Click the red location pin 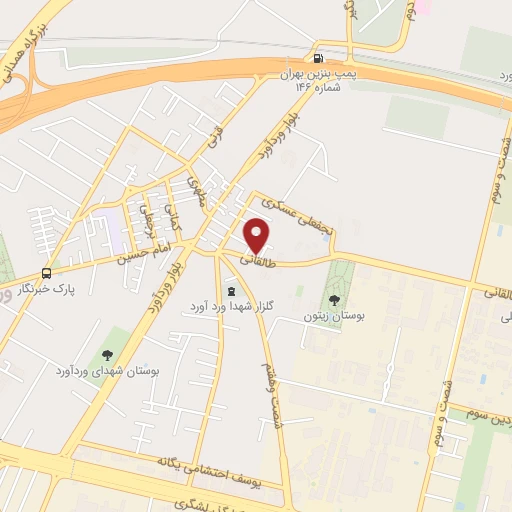tap(258, 236)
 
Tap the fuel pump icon tap(319, 58)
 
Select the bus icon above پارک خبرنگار tap(47, 273)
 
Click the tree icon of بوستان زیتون tap(334, 299)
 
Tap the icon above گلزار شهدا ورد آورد tap(232, 291)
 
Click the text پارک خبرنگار tap(47, 290)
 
